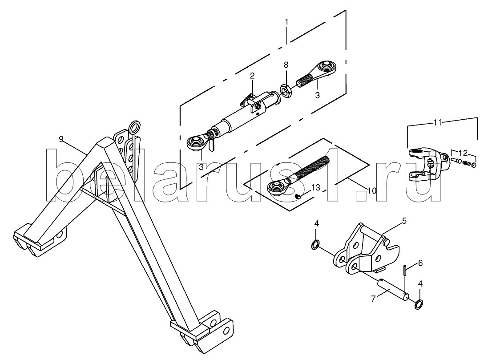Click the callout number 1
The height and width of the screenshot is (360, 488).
point(286,22)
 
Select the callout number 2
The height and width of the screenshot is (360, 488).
point(252,75)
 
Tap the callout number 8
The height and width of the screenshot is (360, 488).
point(286,65)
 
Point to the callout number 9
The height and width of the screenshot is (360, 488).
point(61,139)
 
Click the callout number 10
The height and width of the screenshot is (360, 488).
point(371,190)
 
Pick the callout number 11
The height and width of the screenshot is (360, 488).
point(438,123)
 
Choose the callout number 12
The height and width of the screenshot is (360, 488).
point(464,153)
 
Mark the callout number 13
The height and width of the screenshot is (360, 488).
point(315,187)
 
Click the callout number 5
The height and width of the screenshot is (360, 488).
point(404,221)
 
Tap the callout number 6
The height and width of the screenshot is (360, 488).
point(420,263)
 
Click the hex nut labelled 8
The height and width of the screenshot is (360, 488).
point(286,90)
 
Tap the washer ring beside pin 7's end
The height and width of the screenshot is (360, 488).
point(419,304)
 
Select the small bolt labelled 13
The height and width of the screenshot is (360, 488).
point(298,197)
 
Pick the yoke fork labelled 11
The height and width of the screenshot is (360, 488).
point(428,164)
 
